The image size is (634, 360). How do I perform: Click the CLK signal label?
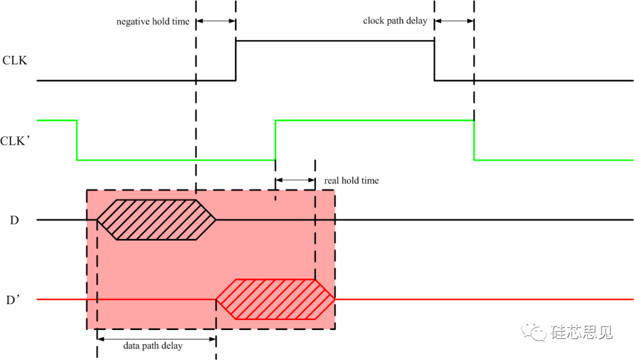coord(15,60)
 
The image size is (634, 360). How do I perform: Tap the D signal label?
coord(14,220)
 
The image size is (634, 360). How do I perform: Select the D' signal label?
coord(14,300)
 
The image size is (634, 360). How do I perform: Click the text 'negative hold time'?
coord(153,22)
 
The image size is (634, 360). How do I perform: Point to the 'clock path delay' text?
coord(395,21)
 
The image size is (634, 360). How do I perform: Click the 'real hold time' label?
coord(352,180)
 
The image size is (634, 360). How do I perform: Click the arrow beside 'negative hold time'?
coord(215,21)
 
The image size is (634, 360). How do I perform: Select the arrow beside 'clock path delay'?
coord(454,21)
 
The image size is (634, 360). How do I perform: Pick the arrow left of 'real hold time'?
coord(295,180)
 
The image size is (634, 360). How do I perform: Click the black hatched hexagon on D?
coord(156,220)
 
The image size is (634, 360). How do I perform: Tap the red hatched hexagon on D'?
coord(275,300)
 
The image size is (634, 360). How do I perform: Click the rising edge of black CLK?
coord(235,60)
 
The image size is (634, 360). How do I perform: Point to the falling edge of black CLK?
coord(434,60)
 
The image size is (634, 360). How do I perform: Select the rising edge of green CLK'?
coord(275,140)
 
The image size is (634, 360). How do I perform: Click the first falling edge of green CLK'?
coord(77,140)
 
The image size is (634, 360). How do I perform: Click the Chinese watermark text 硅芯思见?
coord(582,332)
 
